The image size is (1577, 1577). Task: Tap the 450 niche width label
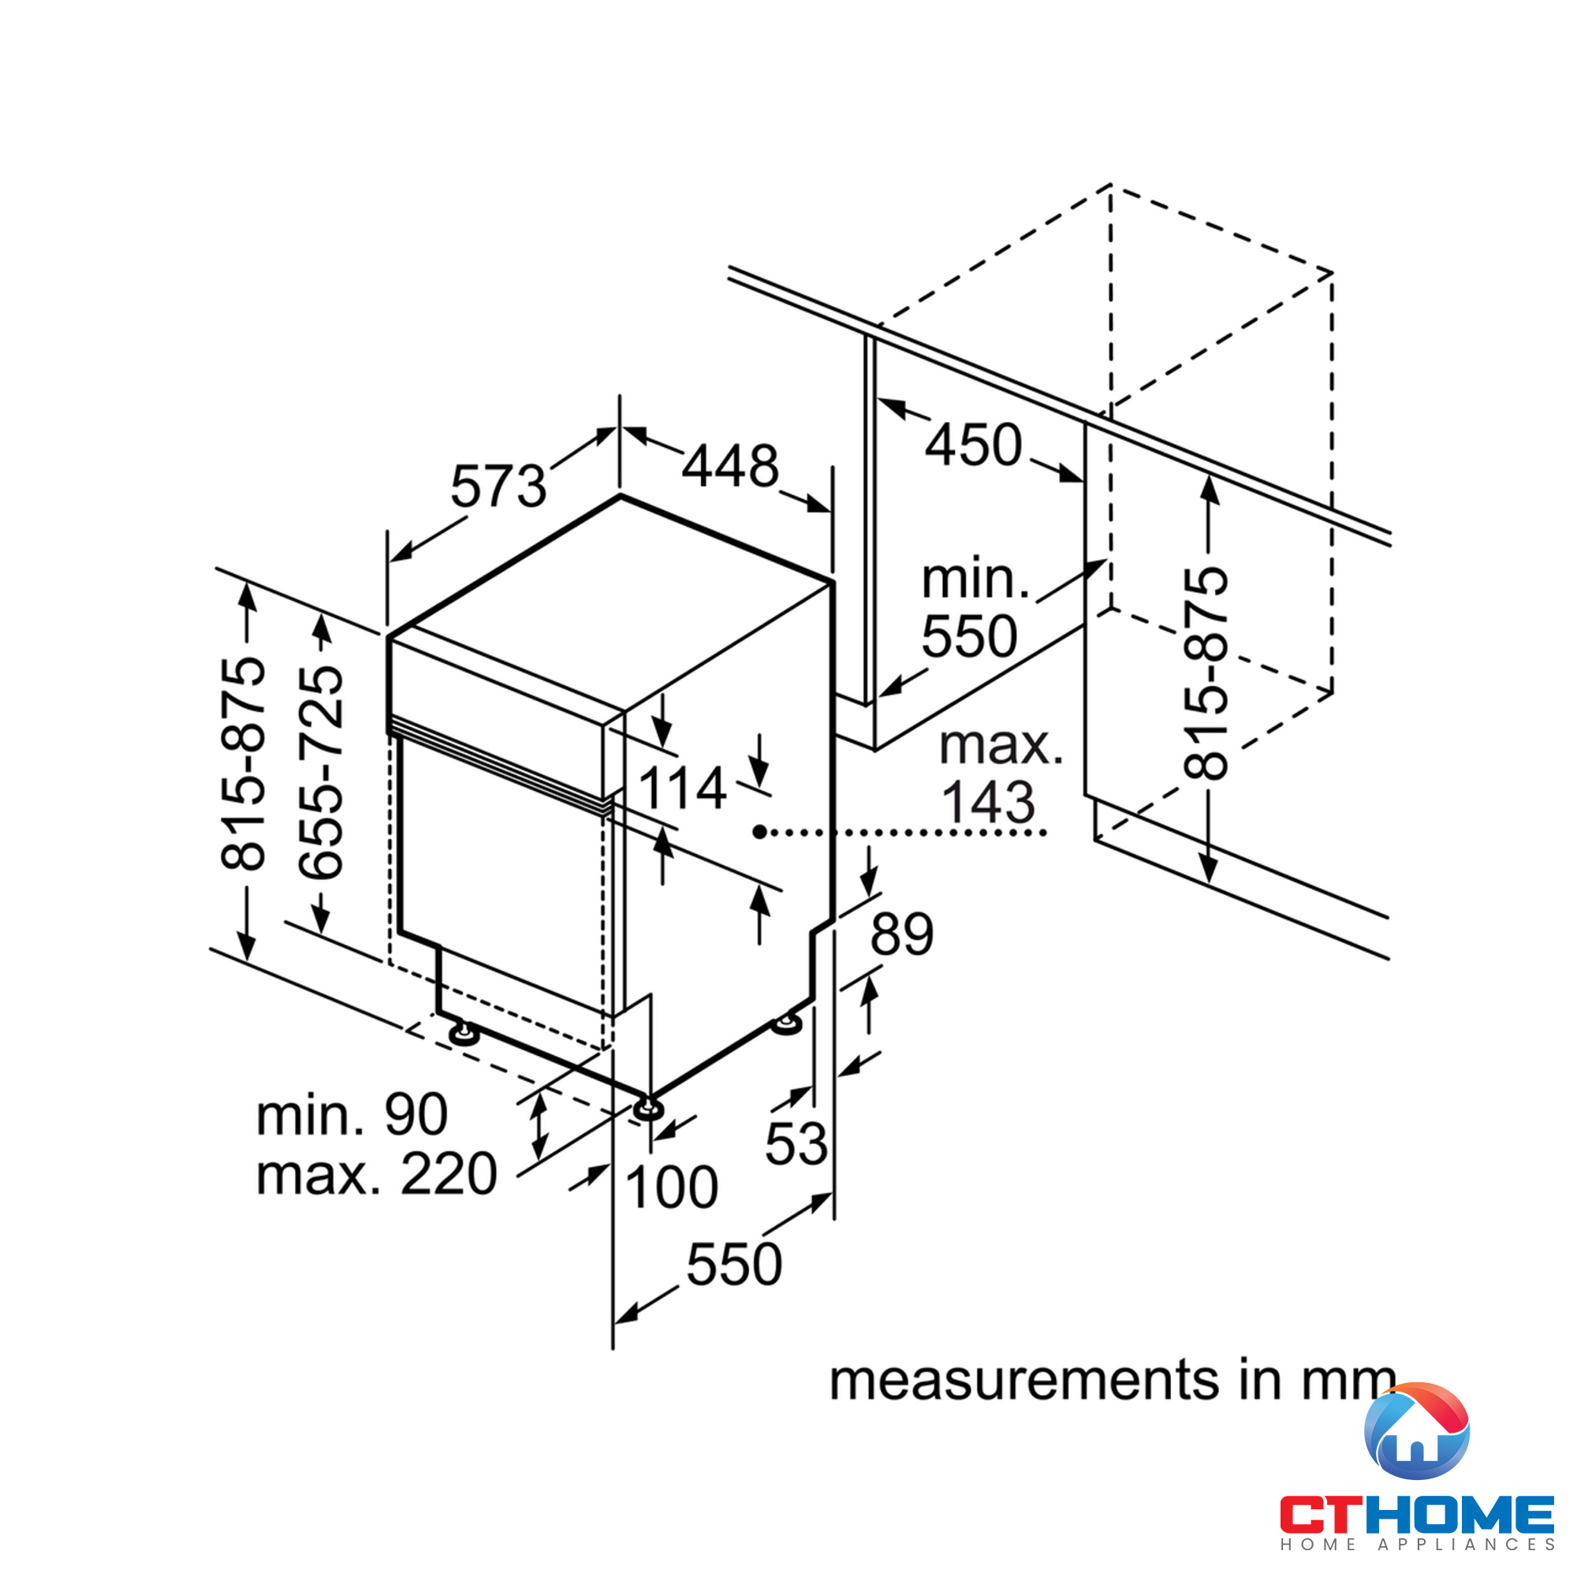(973, 445)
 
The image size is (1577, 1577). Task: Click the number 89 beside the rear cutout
(902, 933)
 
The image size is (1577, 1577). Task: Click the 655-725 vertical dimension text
(321, 772)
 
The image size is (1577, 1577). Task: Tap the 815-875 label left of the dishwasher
(243, 762)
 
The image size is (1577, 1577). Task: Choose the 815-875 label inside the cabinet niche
(1206, 673)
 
